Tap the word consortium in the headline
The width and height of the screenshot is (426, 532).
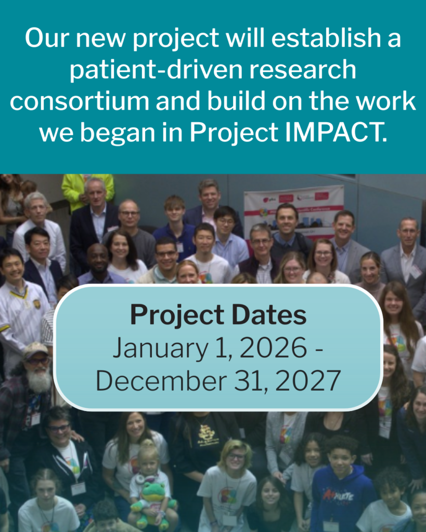point(80,101)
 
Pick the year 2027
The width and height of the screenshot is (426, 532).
point(308,380)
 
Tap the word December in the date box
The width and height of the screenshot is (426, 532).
point(161,380)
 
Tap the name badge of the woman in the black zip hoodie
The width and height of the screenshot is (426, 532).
point(78,489)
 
